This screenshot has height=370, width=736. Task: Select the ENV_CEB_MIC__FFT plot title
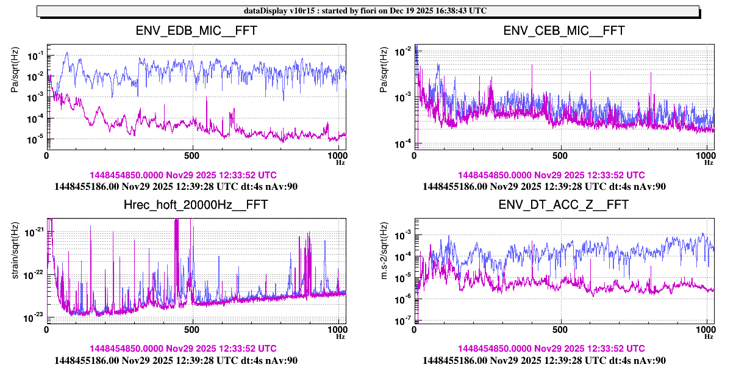click(564, 31)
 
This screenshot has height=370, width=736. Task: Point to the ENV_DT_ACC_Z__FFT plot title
click(564, 205)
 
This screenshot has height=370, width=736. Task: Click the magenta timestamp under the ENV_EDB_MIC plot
click(183, 175)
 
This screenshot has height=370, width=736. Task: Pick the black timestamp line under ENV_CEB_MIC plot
click(544, 186)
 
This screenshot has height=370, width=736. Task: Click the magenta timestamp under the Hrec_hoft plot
click(183, 349)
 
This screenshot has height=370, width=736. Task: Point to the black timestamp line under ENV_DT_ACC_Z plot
click(544, 360)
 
